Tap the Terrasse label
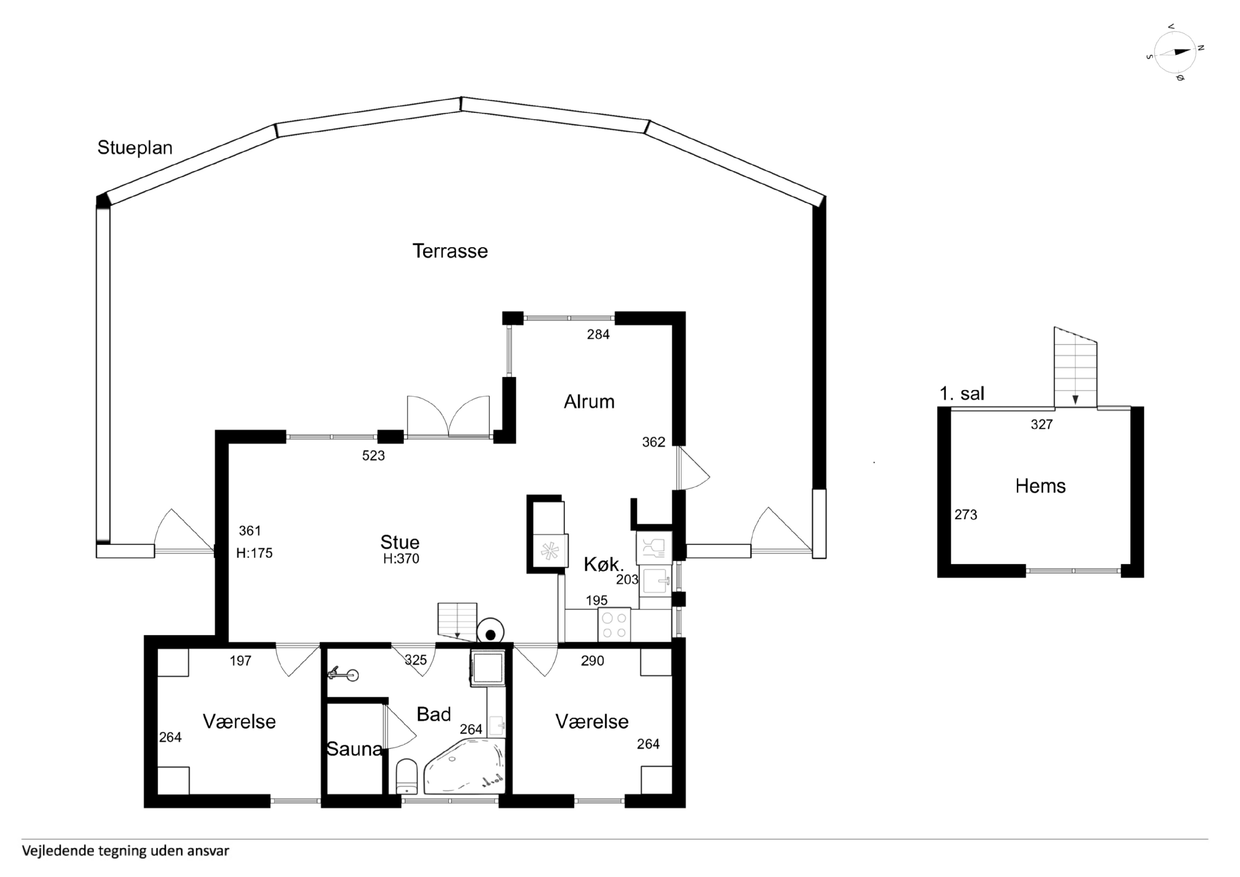tap(450, 251)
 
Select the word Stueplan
tap(135, 148)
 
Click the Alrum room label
tap(589, 402)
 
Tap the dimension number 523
tap(373, 456)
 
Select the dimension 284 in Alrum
tap(598, 335)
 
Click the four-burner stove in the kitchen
tap(614, 625)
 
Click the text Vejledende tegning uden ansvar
tap(125, 851)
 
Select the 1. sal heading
tap(962, 393)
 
